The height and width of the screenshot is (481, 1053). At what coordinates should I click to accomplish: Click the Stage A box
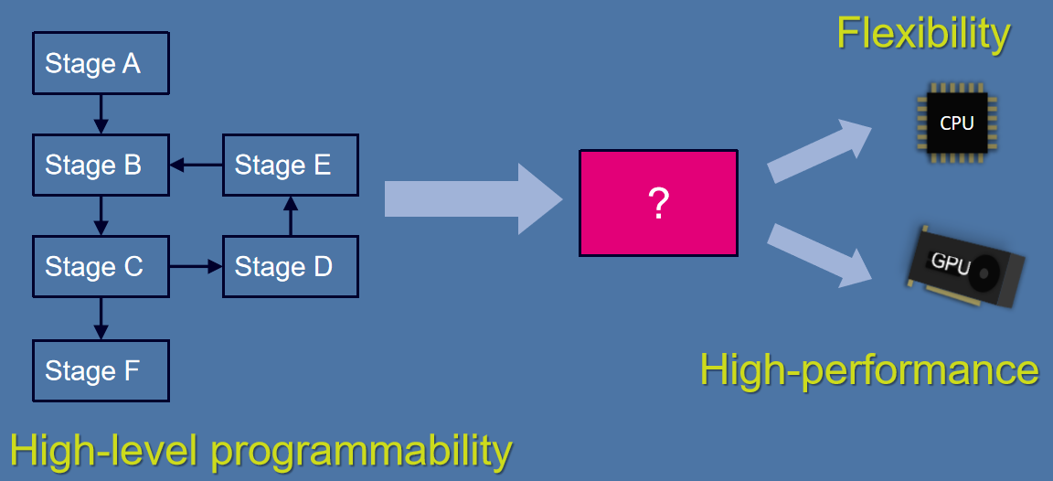coord(101,63)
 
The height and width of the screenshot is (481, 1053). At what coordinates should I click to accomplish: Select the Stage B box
coord(101,165)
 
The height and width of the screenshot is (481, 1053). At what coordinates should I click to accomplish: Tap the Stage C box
coord(101,267)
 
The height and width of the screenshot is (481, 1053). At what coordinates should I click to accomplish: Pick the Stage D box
coord(290,267)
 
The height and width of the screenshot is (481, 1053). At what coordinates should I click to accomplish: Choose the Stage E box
coord(290,165)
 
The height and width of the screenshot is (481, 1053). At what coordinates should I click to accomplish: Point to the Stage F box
coord(101,370)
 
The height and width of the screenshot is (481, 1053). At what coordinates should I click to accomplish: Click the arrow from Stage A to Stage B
coord(101,114)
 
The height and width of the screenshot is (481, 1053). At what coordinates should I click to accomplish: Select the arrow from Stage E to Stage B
coord(197,165)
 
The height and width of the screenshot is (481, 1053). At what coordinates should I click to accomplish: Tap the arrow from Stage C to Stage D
coord(197,267)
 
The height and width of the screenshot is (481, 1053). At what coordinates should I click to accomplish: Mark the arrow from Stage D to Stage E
coord(290,216)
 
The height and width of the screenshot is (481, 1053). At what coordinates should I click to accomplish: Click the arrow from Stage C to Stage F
coord(101,318)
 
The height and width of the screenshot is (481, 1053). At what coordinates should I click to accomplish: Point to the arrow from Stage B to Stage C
coord(101,216)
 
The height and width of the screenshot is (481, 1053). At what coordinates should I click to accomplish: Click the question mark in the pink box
coord(658,204)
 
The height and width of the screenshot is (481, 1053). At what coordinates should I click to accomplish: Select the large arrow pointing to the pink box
coord(473,198)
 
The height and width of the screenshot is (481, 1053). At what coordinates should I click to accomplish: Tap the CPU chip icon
coord(957,123)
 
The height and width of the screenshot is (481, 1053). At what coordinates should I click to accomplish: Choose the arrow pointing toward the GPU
coord(819,255)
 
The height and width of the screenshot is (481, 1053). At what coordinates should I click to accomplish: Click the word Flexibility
coord(922,34)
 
